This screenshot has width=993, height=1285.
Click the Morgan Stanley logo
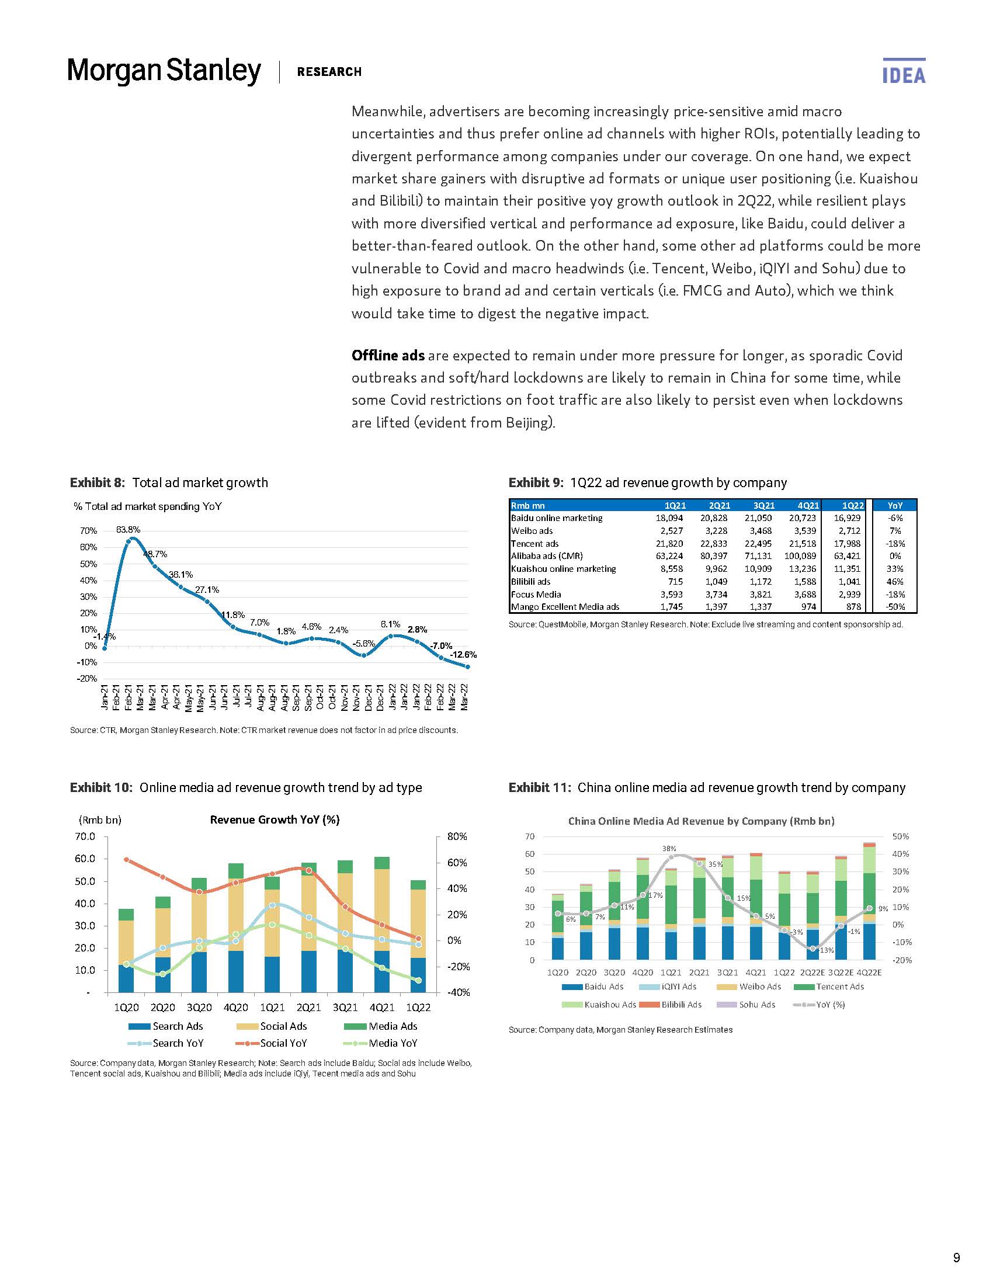click(164, 71)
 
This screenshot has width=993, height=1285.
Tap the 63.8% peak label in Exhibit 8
click(128, 530)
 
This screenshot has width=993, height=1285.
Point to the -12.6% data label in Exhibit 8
click(463, 655)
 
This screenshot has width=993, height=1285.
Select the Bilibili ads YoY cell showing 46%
click(894, 581)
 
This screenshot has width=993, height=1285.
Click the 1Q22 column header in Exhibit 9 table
click(852, 505)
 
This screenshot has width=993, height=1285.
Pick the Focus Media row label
click(536, 594)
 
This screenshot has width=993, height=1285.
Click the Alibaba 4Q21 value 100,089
click(800, 556)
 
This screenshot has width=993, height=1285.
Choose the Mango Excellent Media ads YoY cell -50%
click(894, 607)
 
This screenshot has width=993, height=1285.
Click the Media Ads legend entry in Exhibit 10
click(393, 1026)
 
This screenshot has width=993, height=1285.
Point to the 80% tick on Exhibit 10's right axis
click(457, 836)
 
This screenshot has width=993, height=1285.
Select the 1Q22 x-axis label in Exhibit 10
click(418, 1008)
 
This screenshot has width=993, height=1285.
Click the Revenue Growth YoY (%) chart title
click(275, 819)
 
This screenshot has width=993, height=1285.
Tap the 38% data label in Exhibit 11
click(669, 849)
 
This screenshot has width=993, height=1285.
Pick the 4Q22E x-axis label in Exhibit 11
click(869, 973)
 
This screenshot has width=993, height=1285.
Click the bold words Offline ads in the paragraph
click(388, 355)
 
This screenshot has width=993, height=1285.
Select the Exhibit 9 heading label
click(535, 483)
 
